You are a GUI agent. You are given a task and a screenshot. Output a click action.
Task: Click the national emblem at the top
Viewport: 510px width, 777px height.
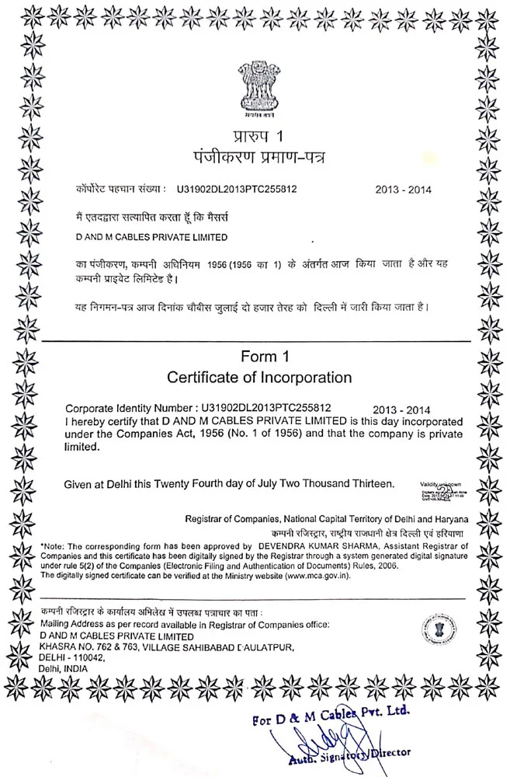pyautogui.click(x=256, y=85)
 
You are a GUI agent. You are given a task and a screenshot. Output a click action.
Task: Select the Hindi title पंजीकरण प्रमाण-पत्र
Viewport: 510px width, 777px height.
pyautogui.click(x=256, y=158)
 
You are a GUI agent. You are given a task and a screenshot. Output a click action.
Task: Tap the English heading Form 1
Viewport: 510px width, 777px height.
pyautogui.click(x=258, y=357)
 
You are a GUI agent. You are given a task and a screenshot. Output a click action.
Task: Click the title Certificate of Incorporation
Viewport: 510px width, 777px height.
pyautogui.click(x=259, y=378)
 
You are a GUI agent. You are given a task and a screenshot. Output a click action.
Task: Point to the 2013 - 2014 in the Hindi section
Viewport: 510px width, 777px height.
pyautogui.click(x=403, y=189)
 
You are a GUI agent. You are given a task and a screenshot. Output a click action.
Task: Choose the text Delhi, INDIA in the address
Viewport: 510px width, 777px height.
pyautogui.click(x=63, y=667)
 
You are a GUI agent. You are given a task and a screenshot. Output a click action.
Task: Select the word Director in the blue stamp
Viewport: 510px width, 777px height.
pyautogui.click(x=391, y=753)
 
